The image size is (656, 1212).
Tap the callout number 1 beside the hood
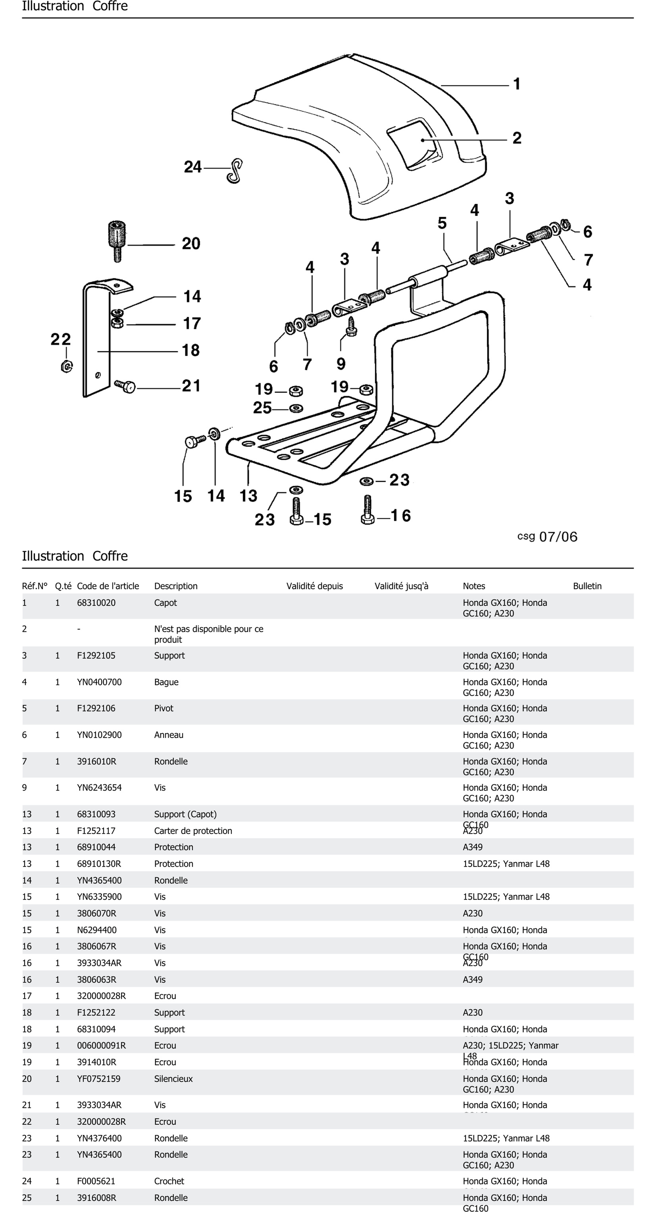517,84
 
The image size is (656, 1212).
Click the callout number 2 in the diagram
517,138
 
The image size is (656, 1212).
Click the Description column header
176,586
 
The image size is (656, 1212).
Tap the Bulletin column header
587,586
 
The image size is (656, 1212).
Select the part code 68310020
96,603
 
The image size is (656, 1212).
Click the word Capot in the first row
165,603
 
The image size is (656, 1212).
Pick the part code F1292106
96,709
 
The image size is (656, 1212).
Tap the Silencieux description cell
173,1079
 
